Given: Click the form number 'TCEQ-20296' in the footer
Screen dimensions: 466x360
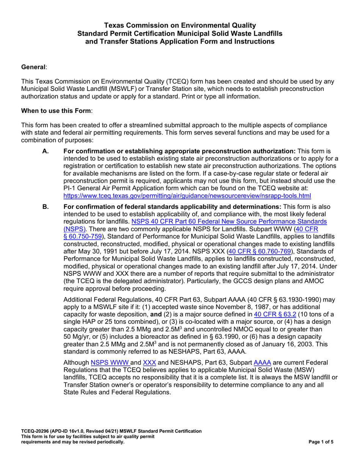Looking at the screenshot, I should pyautogui.click(x=36, y=432).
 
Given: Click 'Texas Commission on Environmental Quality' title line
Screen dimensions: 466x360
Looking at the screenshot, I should pyautogui.click(x=180, y=25).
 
